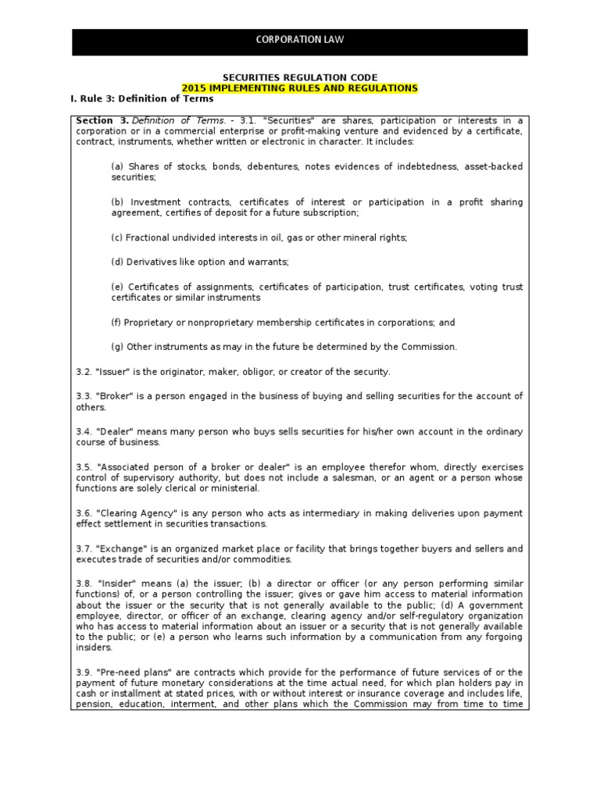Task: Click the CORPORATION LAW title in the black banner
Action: click(299, 39)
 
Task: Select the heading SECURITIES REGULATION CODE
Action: click(300, 77)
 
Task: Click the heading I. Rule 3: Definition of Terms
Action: click(141, 99)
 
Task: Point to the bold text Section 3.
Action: click(102, 120)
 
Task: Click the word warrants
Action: click(271, 262)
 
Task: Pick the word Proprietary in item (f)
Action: click(152, 322)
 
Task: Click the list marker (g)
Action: click(118, 346)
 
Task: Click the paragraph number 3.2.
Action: click(84, 371)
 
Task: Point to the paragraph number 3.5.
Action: click(84, 467)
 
